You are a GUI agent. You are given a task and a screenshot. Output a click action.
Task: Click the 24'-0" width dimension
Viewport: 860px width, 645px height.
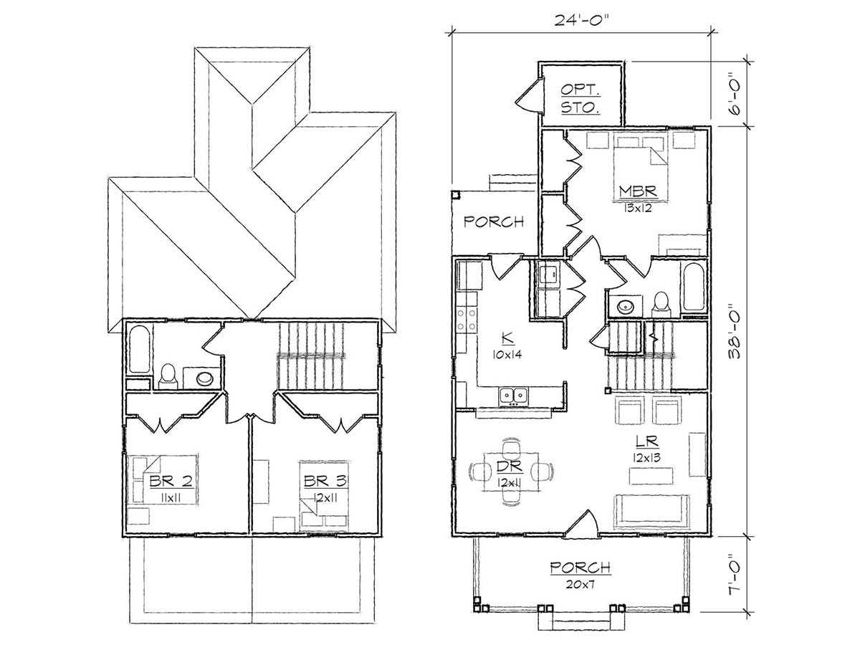[581, 19]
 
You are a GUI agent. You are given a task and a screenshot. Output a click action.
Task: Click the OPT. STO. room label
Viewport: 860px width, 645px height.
[580, 99]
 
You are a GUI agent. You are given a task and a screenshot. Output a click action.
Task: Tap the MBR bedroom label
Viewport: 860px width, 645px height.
[637, 192]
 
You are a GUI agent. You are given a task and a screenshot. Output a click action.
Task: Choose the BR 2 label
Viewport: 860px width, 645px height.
[171, 481]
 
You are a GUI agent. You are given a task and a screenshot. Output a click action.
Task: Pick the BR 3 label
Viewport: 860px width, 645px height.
[325, 481]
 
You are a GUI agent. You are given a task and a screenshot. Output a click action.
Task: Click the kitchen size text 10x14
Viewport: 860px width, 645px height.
[507, 355]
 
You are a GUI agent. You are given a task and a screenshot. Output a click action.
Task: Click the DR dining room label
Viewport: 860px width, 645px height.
[510, 467]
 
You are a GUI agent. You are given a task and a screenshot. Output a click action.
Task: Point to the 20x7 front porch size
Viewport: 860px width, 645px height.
[580, 584]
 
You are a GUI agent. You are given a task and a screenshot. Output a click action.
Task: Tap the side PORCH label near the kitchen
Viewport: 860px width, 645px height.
[494, 222]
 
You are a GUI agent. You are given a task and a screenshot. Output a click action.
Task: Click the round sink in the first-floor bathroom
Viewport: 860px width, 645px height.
[625, 306]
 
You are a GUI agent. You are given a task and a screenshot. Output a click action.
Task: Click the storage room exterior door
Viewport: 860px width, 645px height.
[529, 95]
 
